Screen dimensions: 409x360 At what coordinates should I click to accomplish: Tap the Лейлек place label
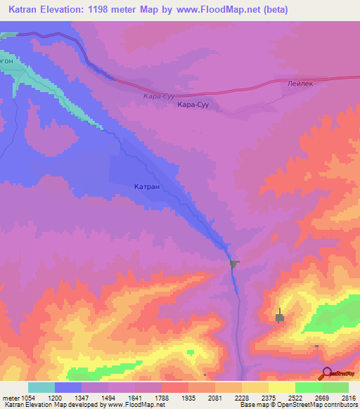pos(301,82)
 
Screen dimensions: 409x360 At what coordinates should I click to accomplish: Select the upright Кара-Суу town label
pos(194,105)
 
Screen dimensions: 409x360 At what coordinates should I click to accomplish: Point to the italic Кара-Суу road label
pos(157,96)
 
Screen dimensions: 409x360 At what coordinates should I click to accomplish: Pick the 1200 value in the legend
pos(55,398)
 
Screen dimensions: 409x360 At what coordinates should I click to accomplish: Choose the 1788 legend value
pos(162,398)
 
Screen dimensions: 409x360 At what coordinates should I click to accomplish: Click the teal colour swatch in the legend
pos(41,387)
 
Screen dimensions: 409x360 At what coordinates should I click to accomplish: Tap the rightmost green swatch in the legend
pos(335,387)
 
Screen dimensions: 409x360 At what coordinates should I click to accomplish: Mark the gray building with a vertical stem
pos(279,318)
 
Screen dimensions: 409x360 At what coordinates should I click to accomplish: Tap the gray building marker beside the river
pos(234,264)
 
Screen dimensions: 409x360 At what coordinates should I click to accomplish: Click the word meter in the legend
pos(8,398)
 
